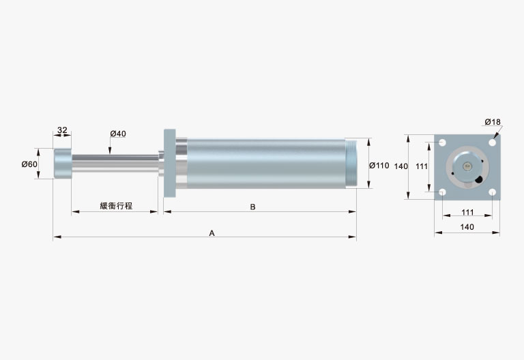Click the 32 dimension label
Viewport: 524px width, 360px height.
tap(62, 130)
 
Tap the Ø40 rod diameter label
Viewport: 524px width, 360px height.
tap(118, 134)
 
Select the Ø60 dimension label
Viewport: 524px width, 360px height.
tap(29, 164)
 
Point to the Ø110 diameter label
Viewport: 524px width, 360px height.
tap(379, 165)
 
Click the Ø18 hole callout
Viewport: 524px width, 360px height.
tap(493, 122)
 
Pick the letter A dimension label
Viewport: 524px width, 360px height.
tap(212, 232)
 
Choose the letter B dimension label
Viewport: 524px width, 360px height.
tap(252, 207)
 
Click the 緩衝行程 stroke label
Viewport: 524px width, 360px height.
tap(116, 206)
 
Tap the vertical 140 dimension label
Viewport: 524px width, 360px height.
tap(401, 166)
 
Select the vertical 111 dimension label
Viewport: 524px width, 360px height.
tap(422, 166)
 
